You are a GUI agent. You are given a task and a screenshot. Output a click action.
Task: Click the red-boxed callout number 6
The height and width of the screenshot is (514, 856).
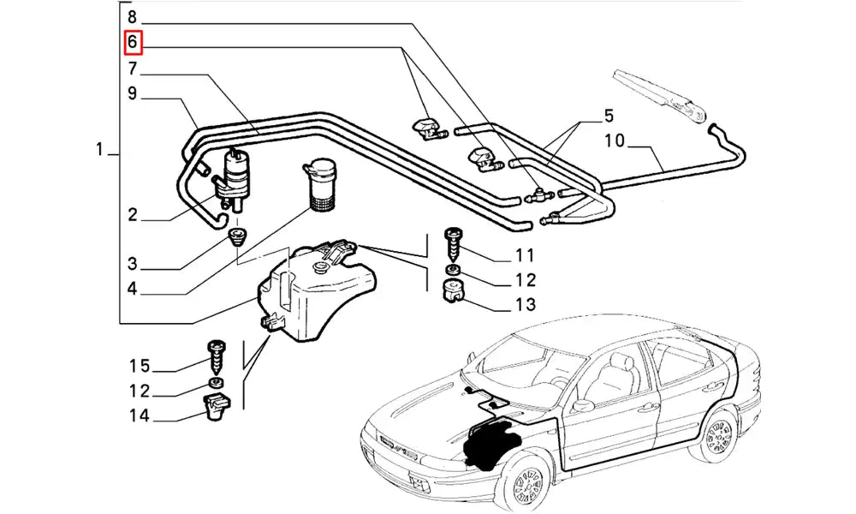[x=133, y=41]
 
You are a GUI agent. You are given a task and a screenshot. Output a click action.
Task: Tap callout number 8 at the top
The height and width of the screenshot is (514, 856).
[x=132, y=16]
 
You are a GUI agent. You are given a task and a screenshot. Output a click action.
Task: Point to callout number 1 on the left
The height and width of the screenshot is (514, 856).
[x=100, y=151]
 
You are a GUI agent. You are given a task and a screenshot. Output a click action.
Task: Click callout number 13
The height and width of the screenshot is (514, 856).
[x=525, y=304]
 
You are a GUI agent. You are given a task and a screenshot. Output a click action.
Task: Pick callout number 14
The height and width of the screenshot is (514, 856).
[x=140, y=416]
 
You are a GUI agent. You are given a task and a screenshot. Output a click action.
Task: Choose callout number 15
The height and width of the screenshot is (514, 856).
[x=140, y=367]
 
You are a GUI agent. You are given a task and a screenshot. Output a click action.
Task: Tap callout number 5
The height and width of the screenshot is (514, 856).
[x=609, y=115]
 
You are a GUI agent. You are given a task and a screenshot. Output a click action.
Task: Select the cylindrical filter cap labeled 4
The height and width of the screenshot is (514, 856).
[x=323, y=183]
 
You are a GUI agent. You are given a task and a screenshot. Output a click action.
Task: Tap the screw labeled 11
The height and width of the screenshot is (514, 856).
[x=453, y=243]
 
